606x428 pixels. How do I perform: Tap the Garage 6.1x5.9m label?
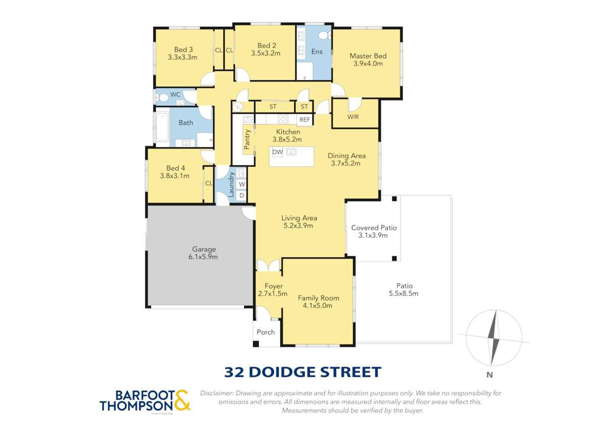204,249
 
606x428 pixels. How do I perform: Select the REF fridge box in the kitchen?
305,120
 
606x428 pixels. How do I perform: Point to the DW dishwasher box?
277,152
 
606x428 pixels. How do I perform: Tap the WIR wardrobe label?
353,117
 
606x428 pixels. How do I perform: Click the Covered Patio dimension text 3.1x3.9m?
374,236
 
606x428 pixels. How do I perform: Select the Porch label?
266,332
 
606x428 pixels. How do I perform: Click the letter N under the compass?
489,375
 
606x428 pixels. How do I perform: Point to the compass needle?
494,337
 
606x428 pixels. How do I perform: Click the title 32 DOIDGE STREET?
302,372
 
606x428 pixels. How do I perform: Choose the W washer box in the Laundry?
241,184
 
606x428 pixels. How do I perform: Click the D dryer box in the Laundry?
241,195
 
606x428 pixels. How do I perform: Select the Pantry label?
247,139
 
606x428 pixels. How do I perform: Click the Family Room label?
318,298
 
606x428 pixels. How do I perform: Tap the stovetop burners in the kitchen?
283,120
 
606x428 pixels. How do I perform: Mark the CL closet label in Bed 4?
209,184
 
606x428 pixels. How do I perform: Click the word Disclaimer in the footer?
217,393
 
